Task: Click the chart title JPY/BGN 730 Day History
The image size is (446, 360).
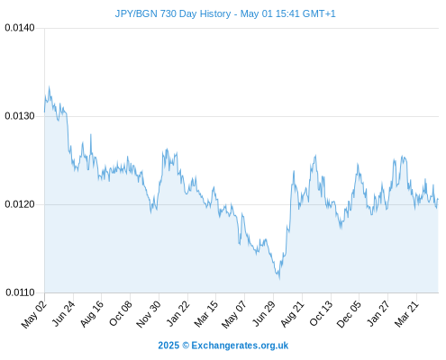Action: [x=173, y=13]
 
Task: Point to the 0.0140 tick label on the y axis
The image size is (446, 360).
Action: [x=20, y=28]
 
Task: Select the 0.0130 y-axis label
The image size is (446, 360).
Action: [x=20, y=116]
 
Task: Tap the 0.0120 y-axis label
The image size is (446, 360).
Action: [x=20, y=204]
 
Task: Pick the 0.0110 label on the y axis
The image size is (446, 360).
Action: [x=20, y=292]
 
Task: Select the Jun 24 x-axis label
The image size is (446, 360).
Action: [x=63, y=313]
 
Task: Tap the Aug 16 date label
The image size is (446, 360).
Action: [x=92, y=313]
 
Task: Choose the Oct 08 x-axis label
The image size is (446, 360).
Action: [x=121, y=313]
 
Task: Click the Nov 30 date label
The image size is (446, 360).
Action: [x=149, y=314]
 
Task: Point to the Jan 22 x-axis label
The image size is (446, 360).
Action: [x=178, y=313]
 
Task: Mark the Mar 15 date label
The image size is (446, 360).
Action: [x=206, y=314]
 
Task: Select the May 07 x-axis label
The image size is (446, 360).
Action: [x=234, y=314]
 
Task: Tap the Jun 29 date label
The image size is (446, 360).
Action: [x=264, y=313]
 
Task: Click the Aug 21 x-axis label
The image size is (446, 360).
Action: [x=293, y=313]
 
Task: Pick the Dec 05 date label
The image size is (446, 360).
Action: [x=349, y=314]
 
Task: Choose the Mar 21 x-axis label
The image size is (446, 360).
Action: [x=406, y=313]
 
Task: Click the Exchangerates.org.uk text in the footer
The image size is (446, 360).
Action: [x=240, y=346]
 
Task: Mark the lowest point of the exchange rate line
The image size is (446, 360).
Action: [x=279, y=279]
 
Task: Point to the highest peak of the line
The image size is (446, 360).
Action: [x=50, y=86]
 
